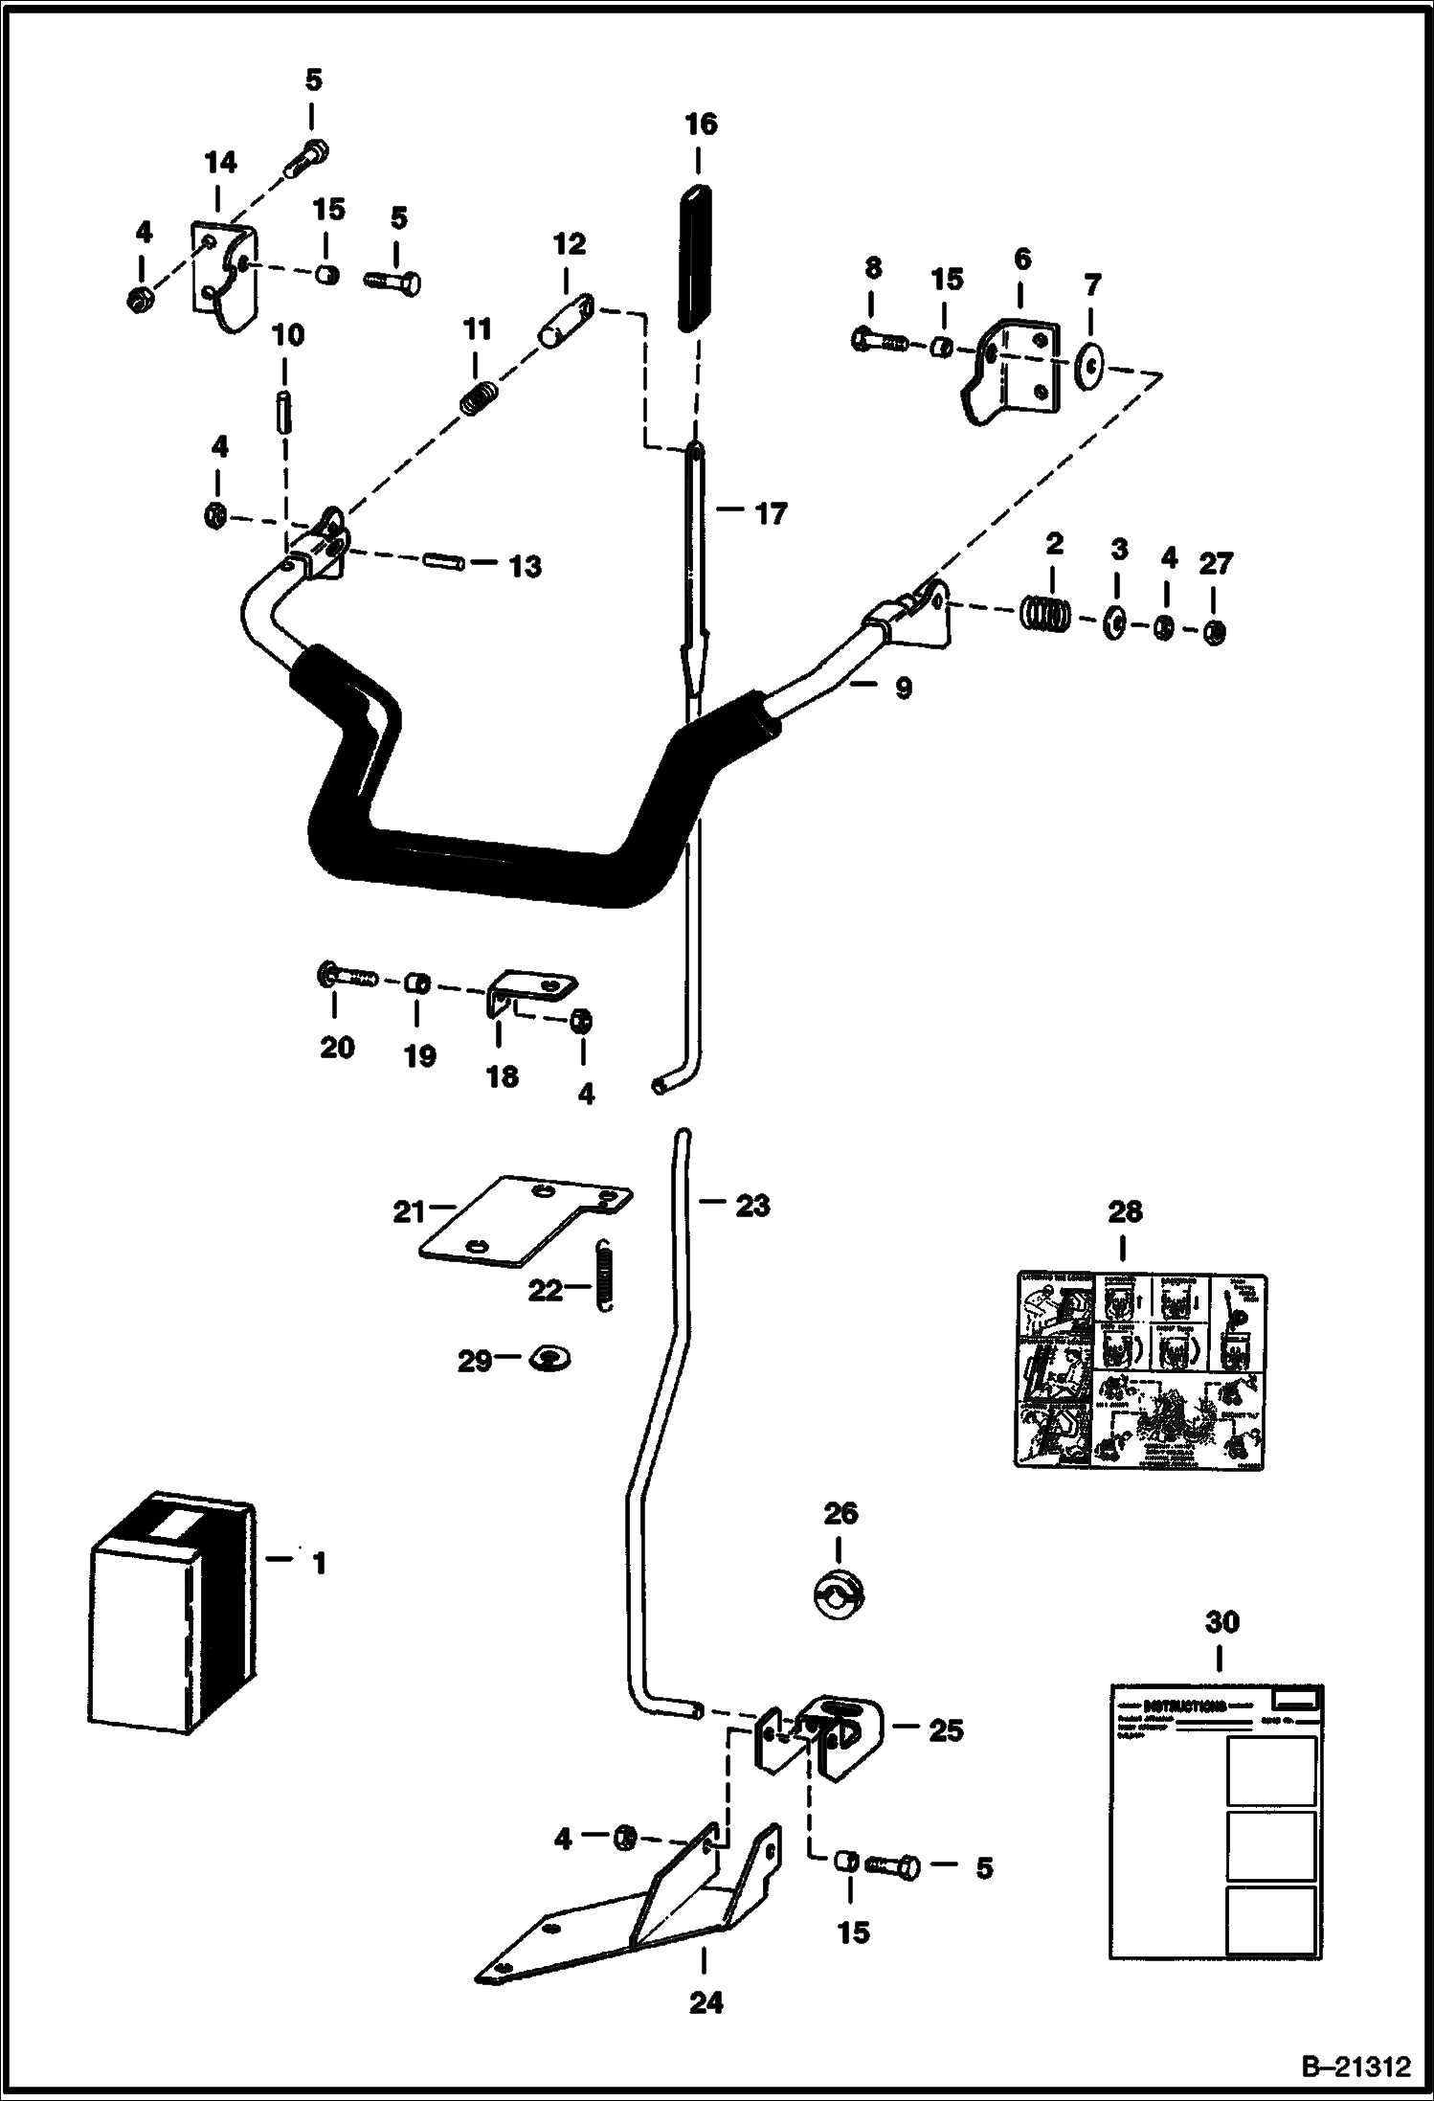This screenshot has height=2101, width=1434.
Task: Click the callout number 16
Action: [701, 124]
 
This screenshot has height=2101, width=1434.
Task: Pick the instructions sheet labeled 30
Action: [1217, 1819]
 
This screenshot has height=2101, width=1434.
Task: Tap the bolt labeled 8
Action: [879, 339]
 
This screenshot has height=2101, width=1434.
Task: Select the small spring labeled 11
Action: [479, 396]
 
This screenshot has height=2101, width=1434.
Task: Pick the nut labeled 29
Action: [549, 1356]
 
